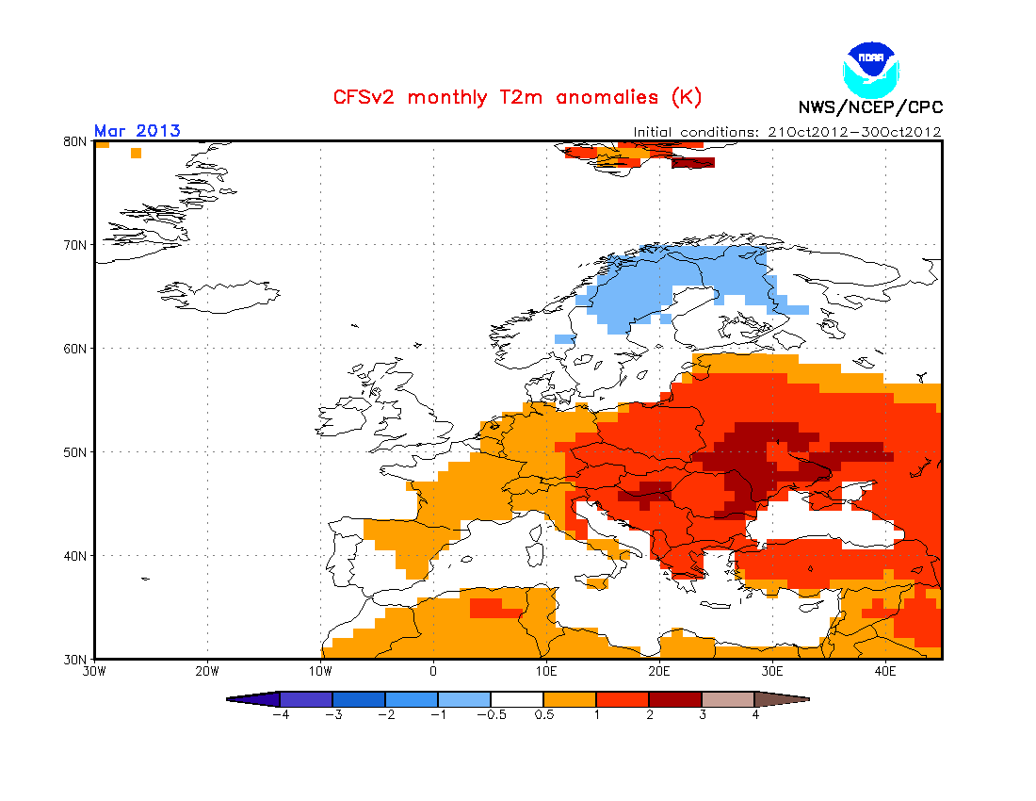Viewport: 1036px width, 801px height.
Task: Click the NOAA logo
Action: click(871, 70)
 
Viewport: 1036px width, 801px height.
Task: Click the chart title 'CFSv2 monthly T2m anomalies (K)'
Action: click(517, 98)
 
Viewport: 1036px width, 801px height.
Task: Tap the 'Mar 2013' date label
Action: click(138, 131)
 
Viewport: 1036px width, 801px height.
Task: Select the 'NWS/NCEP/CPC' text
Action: click(870, 107)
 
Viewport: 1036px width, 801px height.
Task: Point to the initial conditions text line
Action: click(787, 132)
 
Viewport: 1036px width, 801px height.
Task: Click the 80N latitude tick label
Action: click(74, 141)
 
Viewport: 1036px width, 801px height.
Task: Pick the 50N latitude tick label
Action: click(74, 452)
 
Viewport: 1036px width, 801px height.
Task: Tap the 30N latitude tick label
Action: click(74, 660)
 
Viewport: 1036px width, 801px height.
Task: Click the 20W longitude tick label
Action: click(207, 672)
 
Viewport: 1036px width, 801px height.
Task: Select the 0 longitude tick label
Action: click(433, 672)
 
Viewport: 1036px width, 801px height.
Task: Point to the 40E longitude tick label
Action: click(884, 672)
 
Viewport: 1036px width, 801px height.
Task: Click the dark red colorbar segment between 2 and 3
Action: click(675, 699)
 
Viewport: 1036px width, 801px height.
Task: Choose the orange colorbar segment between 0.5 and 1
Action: click(570, 699)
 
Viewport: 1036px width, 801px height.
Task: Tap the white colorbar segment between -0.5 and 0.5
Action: click(517, 699)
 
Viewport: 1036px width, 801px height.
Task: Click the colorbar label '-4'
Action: click(281, 715)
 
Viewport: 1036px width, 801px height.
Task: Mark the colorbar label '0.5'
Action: click(543, 715)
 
